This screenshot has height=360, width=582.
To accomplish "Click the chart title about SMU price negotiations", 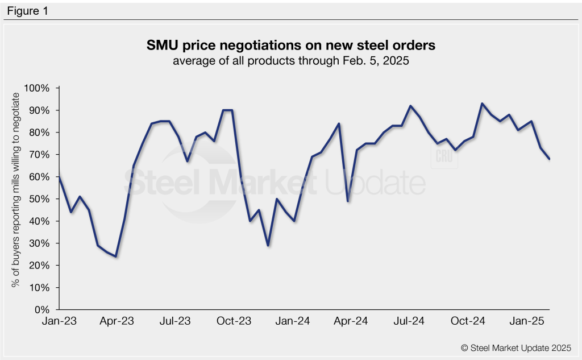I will click(x=290, y=44).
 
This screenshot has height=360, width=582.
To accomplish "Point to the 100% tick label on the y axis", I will click(x=37, y=89).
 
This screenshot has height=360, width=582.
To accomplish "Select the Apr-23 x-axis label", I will click(x=117, y=321).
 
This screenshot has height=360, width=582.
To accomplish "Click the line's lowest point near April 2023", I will click(x=116, y=256).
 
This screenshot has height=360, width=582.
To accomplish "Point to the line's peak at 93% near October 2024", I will click(x=482, y=104).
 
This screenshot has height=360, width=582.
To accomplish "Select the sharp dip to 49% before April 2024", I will click(x=348, y=201).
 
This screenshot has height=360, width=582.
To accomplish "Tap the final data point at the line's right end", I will click(x=550, y=159).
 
